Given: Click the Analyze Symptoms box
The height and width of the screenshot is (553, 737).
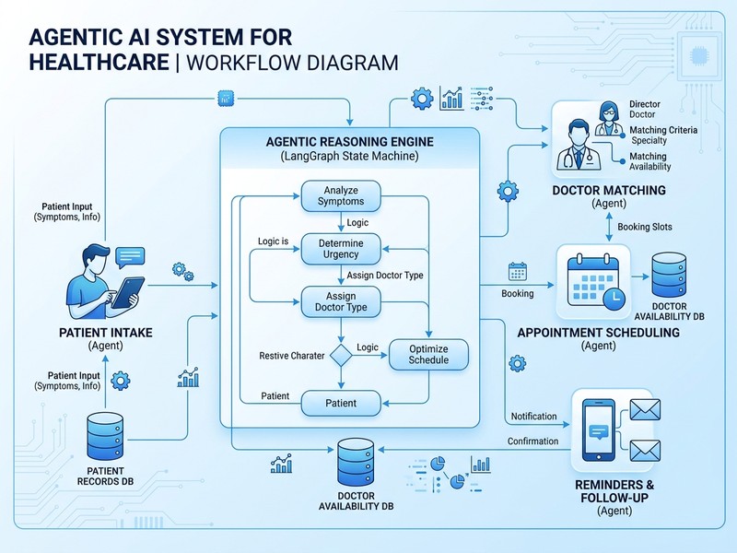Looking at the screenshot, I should click(x=342, y=195).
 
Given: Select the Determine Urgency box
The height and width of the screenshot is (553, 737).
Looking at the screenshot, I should click(x=342, y=248).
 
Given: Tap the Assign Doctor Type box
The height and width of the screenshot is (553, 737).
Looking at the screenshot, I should click(x=342, y=301).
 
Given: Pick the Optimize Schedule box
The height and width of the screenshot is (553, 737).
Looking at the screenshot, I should click(x=428, y=354).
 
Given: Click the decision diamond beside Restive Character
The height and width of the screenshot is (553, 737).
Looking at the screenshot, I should click(x=342, y=355).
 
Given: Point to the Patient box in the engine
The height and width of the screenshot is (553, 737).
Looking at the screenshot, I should click(x=342, y=403).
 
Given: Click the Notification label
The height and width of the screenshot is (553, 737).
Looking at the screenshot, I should click(x=534, y=417).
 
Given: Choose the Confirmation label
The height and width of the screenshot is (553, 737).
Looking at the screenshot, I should click(x=532, y=441).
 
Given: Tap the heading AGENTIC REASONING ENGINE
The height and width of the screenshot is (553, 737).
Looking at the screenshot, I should click(x=349, y=143).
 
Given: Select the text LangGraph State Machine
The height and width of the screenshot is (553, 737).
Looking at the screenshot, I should click(x=349, y=159).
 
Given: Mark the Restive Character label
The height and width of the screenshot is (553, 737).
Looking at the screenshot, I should click(x=292, y=356).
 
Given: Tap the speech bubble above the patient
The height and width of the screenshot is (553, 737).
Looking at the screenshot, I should click(x=132, y=255).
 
